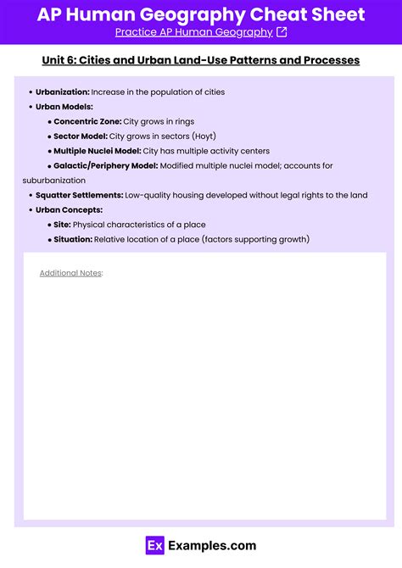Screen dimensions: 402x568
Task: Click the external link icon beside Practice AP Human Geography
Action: [x=282, y=32]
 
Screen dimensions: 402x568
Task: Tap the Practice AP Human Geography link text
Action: [x=193, y=32]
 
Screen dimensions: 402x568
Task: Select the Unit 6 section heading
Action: [x=201, y=60]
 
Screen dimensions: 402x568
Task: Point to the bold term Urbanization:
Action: [x=62, y=92]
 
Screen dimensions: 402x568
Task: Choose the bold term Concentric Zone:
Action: [x=87, y=121]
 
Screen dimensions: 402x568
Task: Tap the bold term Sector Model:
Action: [x=81, y=136]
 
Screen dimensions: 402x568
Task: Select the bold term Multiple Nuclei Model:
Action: [x=97, y=150]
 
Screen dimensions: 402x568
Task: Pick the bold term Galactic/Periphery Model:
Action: [x=105, y=165]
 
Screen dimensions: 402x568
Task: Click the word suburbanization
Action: [x=54, y=181]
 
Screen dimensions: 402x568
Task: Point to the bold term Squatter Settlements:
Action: [x=79, y=195]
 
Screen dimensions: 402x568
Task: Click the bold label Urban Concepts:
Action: [x=69, y=209]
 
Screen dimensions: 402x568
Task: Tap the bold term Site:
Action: [x=62, y=225]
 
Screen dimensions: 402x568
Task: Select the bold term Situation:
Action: [x=72, y=239]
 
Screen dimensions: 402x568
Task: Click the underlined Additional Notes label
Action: [x=70, y=273]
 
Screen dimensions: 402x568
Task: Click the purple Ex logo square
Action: [x=155, y=546]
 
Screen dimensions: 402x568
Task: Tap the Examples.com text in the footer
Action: [x=211, y=546]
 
